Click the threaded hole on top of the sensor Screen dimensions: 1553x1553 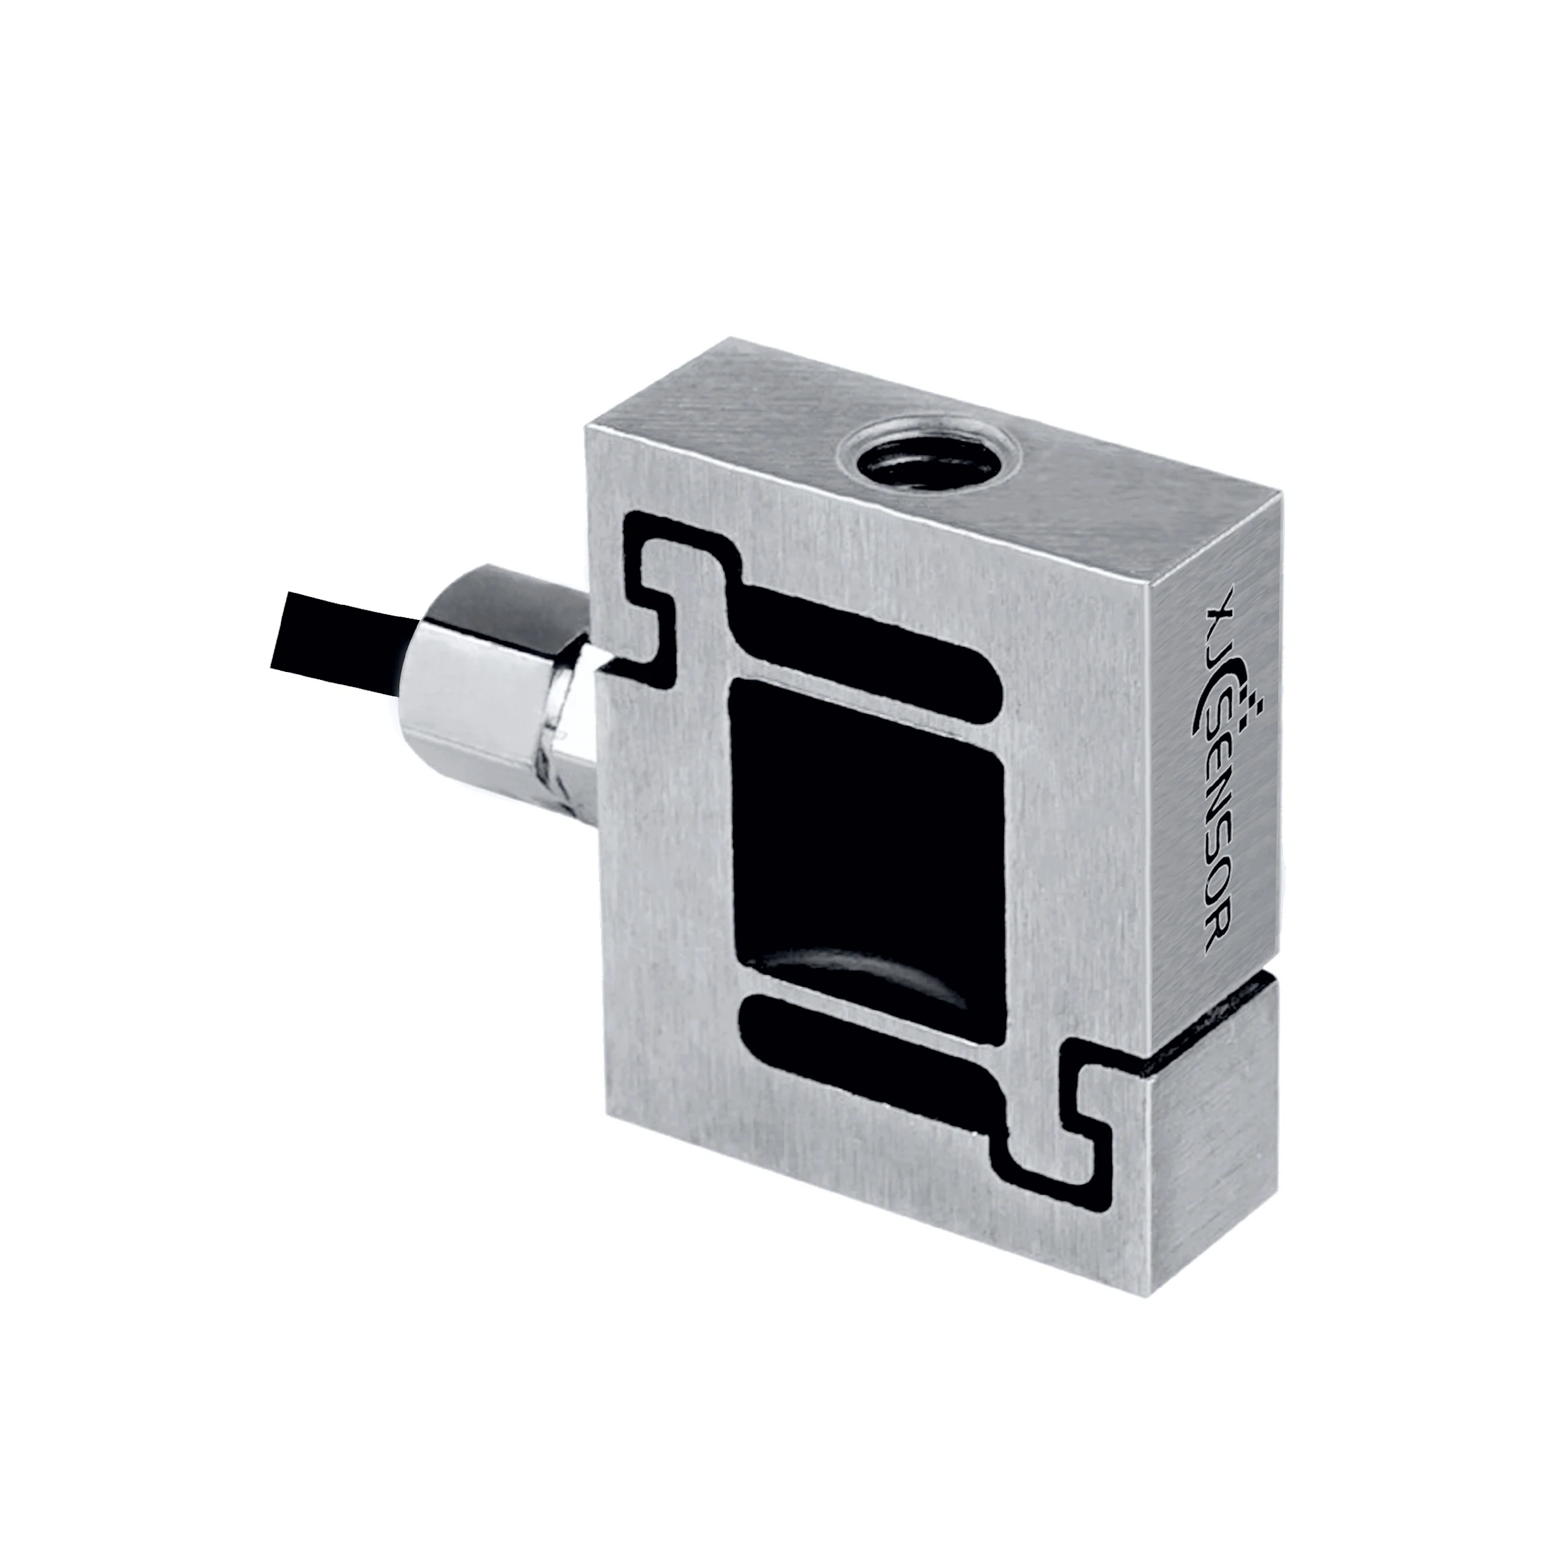pyautogui.click(x=924, y=465)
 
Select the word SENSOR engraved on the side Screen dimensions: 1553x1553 pyautogui.click(x=1216, y=836)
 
